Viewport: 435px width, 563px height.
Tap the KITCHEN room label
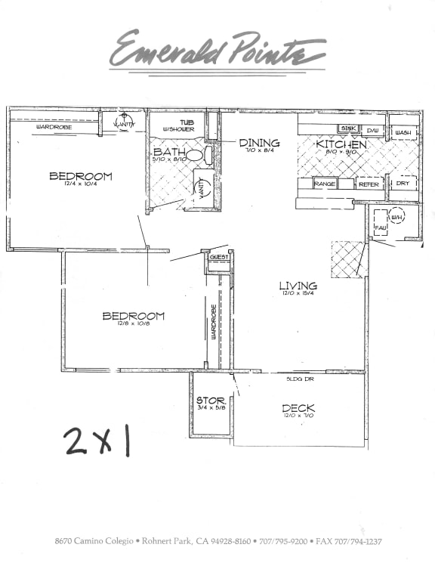tap(341, 144)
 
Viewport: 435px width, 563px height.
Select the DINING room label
tap(259, 143)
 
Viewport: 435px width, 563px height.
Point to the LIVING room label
tap(298, 286)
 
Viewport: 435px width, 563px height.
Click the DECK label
tap(298, 409)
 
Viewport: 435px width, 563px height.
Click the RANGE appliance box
tap(325, 184)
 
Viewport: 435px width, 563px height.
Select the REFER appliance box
tap(368, 184)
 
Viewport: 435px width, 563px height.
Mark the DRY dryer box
tap(403, 184)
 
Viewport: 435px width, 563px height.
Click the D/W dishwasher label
tap(373, 130)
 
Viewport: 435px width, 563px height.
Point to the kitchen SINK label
tap(347, 129)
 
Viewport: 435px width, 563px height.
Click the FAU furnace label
tap(380, 227)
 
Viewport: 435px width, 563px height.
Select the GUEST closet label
tap(218, 258)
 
